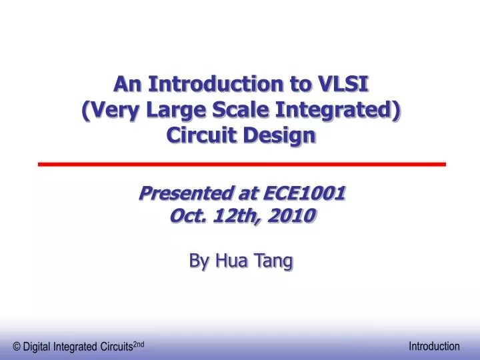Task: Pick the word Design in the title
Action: [280, 135]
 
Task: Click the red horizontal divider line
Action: [241, 163]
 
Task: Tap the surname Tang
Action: [273, 262]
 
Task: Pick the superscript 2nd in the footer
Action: [139, 343]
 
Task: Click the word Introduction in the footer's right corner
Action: [434, 346]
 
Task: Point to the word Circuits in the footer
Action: [115, 346]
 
